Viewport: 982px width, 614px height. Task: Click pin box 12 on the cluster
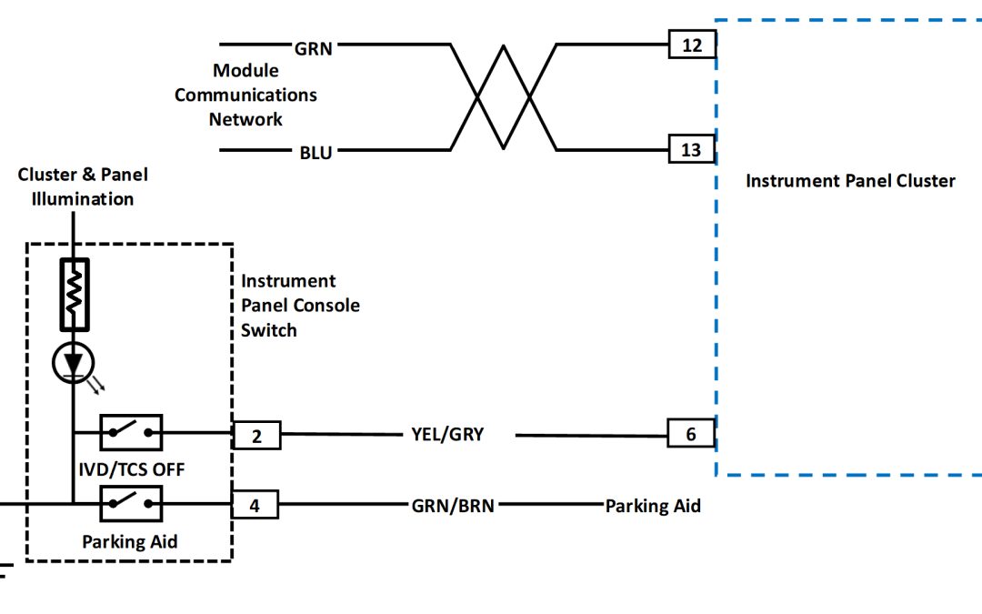[x=692, y=44]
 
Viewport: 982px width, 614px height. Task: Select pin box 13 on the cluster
[x=691, y=149]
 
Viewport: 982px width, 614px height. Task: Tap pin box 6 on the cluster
[x=691, y=435]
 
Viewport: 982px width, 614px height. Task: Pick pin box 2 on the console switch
[x=256, y=437]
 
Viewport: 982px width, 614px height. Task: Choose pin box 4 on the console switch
[x=255, y=505]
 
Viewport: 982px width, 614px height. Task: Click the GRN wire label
[x=314, y=49]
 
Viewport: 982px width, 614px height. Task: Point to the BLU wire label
[x=316, y=153]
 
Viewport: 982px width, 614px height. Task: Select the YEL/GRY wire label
[x=447, y=435]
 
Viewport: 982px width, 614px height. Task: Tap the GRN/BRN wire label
[x=453, y=506]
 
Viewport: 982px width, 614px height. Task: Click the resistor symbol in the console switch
[x=75, y=294]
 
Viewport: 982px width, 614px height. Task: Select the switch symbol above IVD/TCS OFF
[x=130, y=432]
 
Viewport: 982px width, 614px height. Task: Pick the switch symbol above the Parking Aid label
[x=130, y=501]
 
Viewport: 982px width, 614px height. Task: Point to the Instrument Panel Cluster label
[x=850, y=181]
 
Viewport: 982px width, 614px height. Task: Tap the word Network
[x=245, y=119]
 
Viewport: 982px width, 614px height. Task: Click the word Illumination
[x=83, y=198]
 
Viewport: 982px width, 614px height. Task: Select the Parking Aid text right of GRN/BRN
[x=653, y=506]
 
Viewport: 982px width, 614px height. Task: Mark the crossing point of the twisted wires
[x=503, y=96]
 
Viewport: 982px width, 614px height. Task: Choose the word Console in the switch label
[x=325, y=306]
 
